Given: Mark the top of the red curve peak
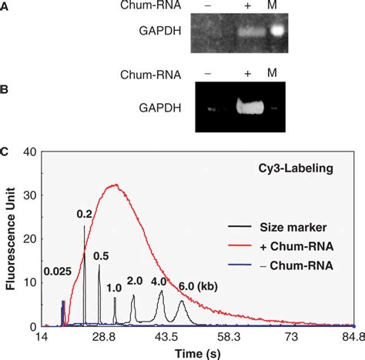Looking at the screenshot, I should pos(116,185).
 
